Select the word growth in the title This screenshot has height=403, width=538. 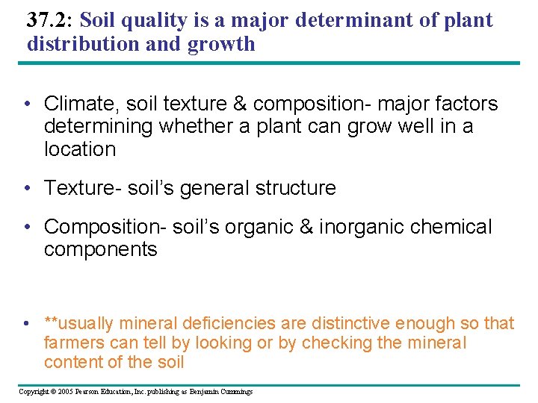221,44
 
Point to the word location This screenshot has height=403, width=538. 80,149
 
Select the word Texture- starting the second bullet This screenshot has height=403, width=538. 81,188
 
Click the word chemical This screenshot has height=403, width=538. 456,227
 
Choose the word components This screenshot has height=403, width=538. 101,249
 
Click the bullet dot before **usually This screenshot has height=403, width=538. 26,324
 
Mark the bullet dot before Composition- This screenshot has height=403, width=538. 26,227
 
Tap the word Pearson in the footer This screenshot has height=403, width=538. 87,392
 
